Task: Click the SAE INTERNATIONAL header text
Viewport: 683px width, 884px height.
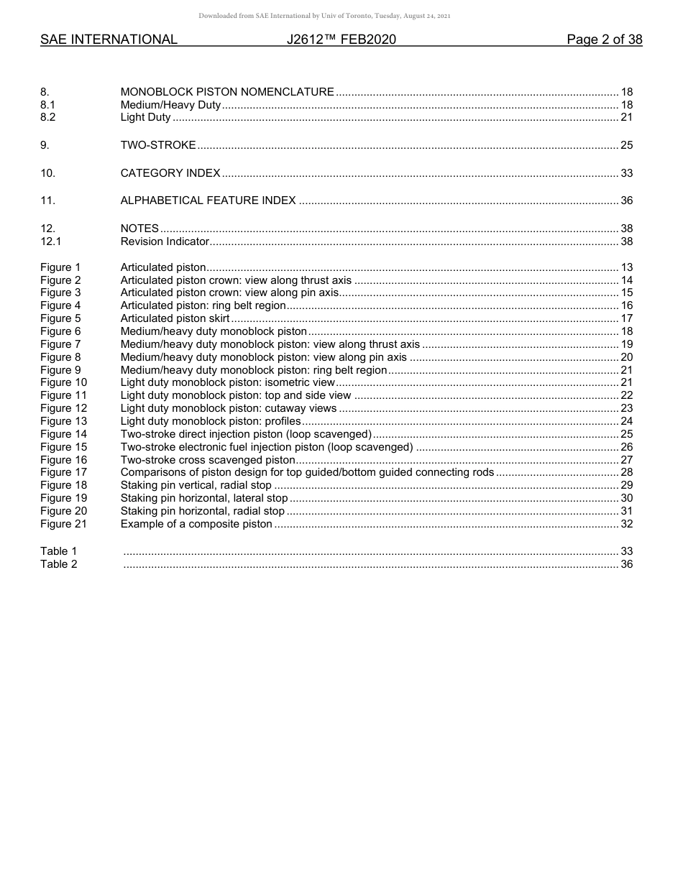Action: point(109,40)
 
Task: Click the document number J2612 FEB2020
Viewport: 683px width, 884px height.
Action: point(341,40)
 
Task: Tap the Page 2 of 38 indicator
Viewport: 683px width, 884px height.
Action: point(604,40)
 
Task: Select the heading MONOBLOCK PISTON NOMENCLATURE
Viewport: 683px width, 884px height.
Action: point(227,92)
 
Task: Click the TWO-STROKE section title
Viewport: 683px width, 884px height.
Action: point(158,145)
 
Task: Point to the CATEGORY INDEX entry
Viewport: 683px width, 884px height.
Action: point(170,173)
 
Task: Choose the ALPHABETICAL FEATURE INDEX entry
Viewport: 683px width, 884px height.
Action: point(208,201)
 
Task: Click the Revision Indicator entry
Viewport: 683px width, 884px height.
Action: point(165,241)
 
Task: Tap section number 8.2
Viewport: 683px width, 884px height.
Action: point(48,117)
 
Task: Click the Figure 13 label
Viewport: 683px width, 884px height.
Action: point(63,421)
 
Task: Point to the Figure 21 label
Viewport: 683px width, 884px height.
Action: point(63,524)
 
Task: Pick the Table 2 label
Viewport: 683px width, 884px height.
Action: point(58,564)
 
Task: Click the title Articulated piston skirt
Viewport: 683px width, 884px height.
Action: point(175,318)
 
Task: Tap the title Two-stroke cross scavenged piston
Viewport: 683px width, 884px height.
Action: point(208,460)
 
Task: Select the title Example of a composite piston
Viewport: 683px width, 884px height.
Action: point(196,524)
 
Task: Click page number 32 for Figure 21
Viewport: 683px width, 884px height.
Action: point(626,524)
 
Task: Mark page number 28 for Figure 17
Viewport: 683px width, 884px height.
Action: point(626,472)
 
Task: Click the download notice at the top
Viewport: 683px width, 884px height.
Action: point(324,16)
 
